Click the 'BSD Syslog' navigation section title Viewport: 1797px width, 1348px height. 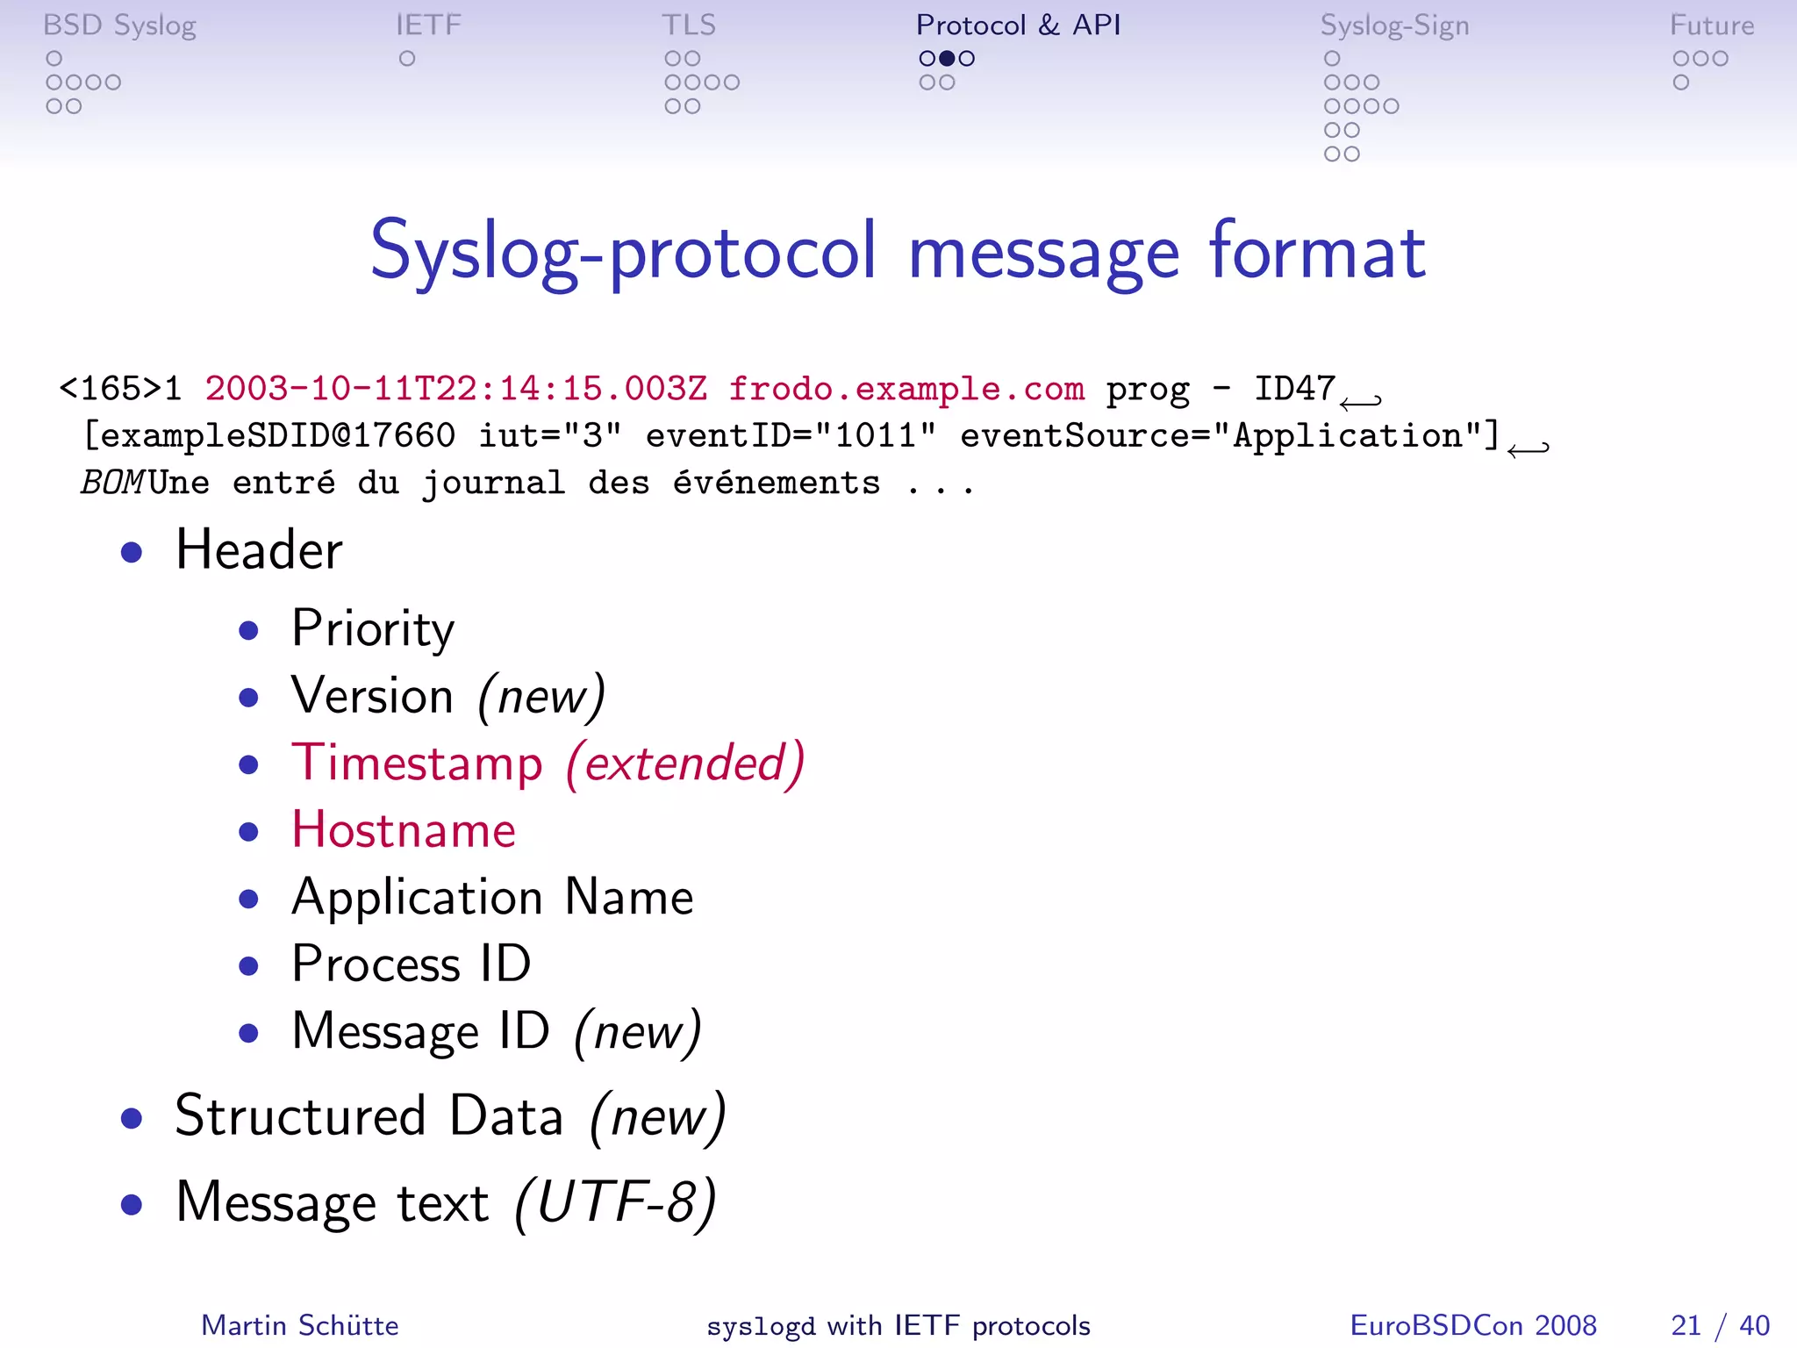point(119,25)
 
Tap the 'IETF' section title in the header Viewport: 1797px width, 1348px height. point(428,25)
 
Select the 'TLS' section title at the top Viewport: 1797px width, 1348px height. point(689,25)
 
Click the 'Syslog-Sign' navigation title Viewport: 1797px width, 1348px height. point(1394,25)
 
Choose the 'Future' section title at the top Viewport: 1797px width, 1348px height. point(1711,25)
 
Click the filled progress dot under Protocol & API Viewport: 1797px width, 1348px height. point(947,59)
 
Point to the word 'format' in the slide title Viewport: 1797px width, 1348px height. point(1316,252)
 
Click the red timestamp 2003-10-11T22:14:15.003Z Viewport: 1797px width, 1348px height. point(455,388)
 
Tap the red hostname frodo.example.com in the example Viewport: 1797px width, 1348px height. point(906,388)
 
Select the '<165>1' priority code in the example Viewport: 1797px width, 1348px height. point(120,388)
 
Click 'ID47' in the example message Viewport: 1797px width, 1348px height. point(1294,388)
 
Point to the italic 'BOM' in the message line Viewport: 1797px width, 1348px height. point(112,483)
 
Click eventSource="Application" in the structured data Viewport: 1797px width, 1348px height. point(1228,436)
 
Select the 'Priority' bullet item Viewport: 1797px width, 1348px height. point(373,628)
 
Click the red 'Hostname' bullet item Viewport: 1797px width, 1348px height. point(404,830)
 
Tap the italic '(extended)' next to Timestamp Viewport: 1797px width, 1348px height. point(684,763)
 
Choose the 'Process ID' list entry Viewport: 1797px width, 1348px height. point(412,964)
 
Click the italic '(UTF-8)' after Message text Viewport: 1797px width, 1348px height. point(615,1201)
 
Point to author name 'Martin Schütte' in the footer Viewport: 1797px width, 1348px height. point(300,1325)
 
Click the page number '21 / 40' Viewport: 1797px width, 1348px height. point(1720,1325)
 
